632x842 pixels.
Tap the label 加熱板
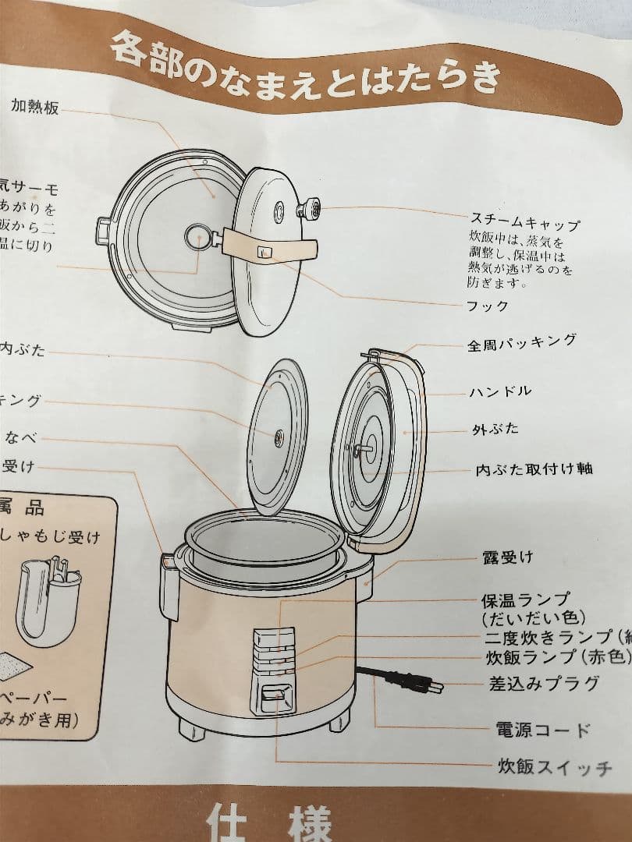click(34, 108)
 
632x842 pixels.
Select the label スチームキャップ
click(524, 221)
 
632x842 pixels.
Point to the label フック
click(487, 305)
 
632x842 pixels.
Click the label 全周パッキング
click(521, 342)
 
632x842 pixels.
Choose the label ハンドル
click(500, 391)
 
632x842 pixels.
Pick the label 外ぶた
click(495, 430)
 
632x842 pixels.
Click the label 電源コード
click(542, 730)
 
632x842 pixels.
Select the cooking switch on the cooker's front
click(272, 693)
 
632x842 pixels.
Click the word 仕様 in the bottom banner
click(270, 823)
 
